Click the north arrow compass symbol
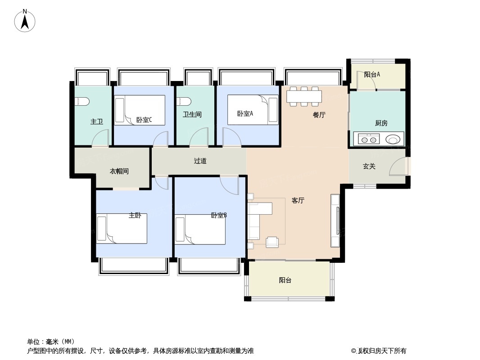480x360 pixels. (25, 21)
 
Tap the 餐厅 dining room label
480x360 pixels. (319, 115)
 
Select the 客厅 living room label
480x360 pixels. (298, 201)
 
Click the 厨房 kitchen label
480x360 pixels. (381, 123)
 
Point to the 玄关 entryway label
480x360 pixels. (369, 166)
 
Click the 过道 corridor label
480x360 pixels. (200, 161)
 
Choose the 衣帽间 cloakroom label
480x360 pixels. (119, 171)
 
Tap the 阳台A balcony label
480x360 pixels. (372, 75)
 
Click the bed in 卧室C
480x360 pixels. (139, 110)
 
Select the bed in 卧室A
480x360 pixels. (253, 109)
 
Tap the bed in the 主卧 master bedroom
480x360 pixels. (122, 229)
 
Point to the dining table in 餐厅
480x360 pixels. (304, 96)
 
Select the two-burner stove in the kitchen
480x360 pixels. (368, 139)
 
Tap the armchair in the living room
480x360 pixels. (272, 242)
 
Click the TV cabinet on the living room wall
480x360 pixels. (335, 220)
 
